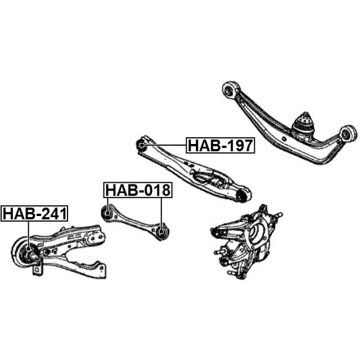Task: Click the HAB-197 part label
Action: [x=220, y=145]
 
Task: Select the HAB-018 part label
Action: [x=138, y=190]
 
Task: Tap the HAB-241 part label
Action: [x=34, y=214]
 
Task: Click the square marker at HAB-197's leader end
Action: [x=141, y=145]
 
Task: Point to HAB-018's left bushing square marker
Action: [x=107, y=213]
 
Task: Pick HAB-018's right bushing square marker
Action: [x=161, y=231]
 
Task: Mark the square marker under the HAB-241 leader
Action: [x=29, y=249]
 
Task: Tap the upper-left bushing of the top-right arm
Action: [x=230, y=90]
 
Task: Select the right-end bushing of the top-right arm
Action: [x=348, y=134]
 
